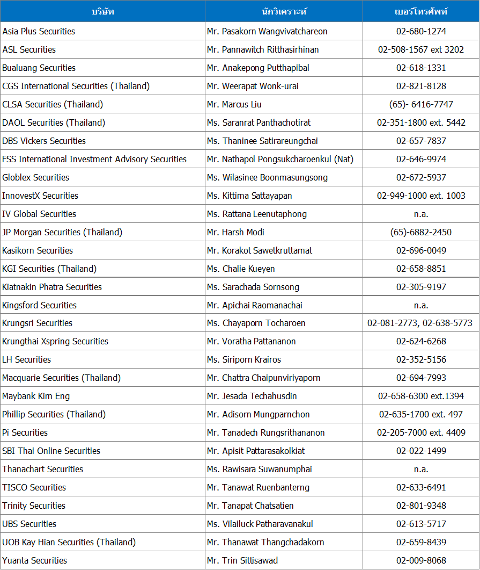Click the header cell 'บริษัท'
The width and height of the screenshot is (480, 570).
click(x=102, y=11)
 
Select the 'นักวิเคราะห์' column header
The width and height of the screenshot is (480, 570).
click(x=284, y=11)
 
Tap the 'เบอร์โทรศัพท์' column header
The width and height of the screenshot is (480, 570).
click(x=421, y=11)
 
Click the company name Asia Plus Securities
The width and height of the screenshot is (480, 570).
click(x=39, y=31)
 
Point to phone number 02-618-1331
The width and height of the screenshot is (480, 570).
click(x=421, y=68)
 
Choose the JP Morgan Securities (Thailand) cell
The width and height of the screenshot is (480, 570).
click(x=62, y=232)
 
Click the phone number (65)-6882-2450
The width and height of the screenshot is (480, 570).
click(x=421, y=232)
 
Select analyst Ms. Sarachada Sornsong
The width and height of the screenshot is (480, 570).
click(x=253, y=287)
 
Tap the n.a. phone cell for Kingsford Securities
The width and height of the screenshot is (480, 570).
click(x=421, y=305)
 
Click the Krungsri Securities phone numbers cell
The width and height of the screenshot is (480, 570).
click(x=421, y=323)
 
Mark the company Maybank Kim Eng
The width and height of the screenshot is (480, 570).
click(x=36, y=396)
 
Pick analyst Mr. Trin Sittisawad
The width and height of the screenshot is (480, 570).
click(x=242, y=560)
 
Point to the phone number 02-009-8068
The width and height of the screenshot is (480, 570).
click(x=421, y=560)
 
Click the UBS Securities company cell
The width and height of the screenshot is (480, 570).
click(x=29, y=524)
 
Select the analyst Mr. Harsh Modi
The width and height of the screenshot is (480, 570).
click(x=235, y=232)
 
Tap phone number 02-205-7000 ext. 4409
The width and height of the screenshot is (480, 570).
click(x=421, y=432)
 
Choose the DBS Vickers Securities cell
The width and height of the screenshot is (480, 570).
click(x=44, y=141)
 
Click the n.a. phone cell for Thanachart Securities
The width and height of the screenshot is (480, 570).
click(x=421, y=469)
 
